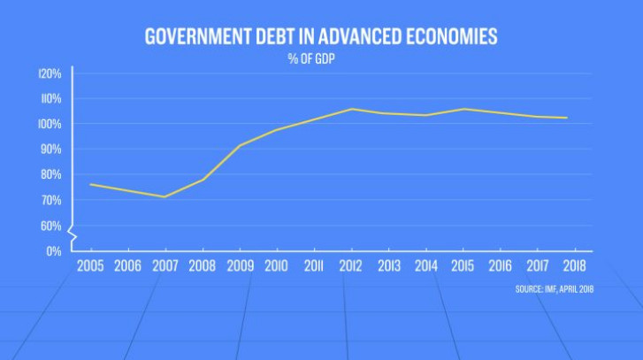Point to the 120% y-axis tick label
pos(50,73)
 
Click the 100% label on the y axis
pos(50,125)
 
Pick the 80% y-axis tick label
pos(50,175)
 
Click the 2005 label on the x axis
pos(90,265)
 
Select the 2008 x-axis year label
pos(202,265)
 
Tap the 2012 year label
pos(351,265)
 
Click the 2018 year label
pos(574,265)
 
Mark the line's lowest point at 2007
pos(165,196)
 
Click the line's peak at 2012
pos(351,109)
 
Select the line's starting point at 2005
pos(90,184)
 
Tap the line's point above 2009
pos(240,145)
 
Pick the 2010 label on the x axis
pos(277,265)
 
